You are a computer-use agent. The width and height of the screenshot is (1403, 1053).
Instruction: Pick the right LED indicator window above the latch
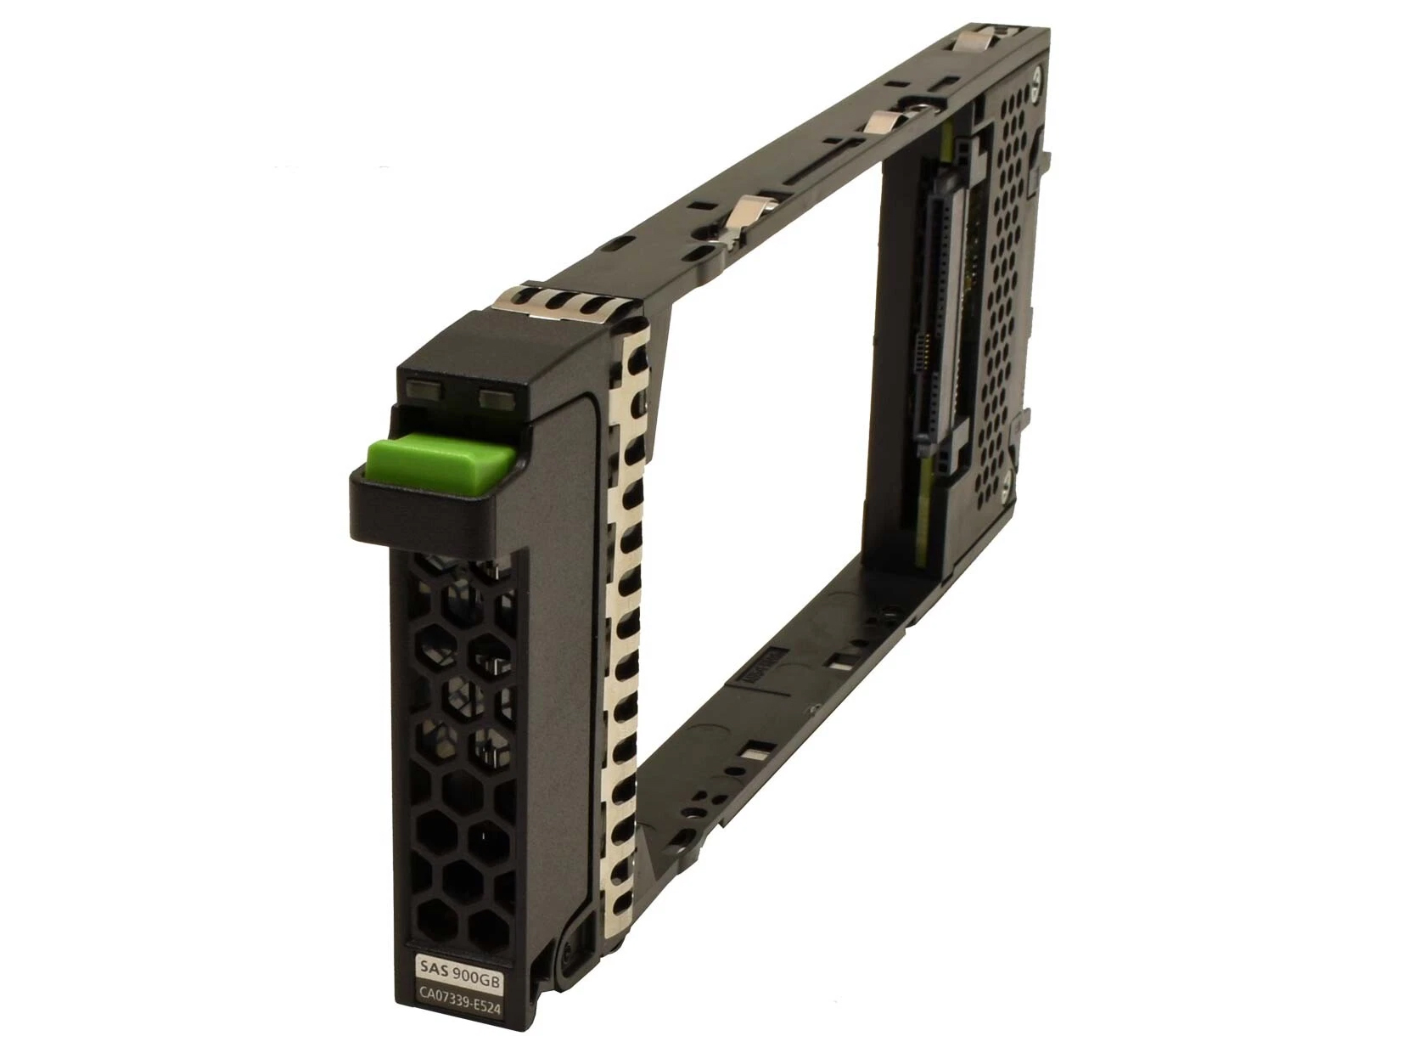pos(495,400)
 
